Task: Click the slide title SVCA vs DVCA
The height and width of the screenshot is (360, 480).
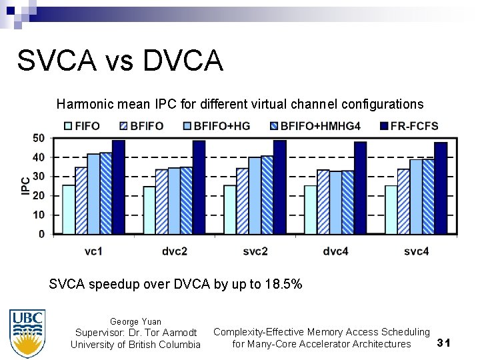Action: coord(120,61)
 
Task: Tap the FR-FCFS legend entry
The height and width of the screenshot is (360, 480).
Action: coord(408,125)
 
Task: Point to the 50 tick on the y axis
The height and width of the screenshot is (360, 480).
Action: coord(38,138)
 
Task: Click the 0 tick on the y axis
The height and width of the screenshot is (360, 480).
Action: coord(41,235)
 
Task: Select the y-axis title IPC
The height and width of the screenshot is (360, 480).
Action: coord(25,185)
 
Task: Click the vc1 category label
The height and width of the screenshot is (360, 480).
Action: coord(93,251)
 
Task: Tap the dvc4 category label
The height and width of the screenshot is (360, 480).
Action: coord(335,251)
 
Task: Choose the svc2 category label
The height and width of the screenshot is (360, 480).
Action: coord(255,251)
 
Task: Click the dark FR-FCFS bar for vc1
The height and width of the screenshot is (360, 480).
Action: coord(118,187)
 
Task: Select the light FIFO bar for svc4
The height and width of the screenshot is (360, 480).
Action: coord(391,209)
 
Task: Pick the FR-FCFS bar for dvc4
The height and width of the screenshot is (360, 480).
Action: coord(360,187)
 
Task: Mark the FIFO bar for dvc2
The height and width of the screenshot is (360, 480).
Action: coord(149,210)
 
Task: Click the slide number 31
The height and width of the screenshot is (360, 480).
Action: coord(444,343)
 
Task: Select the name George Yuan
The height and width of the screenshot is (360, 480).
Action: coord(135,321)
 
